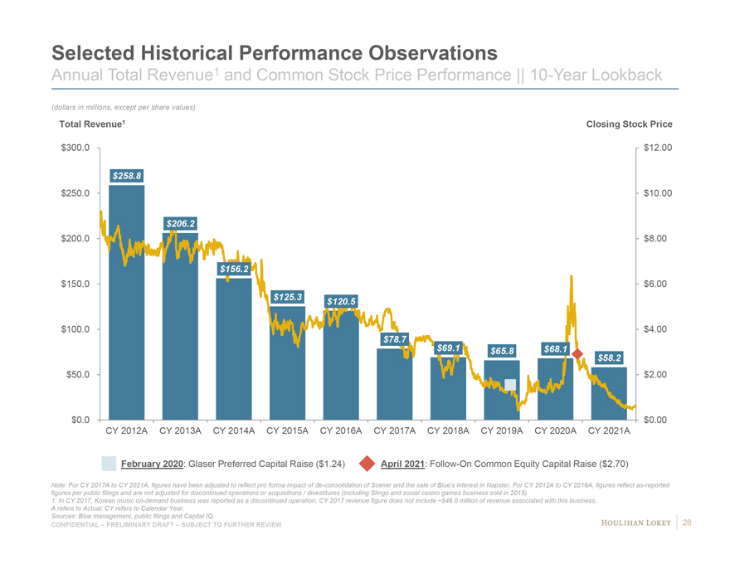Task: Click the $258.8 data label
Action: click(127, 176)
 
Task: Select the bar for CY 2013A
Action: click(180, 332)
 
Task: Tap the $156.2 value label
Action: click(234, 269)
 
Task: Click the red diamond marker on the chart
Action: click(577, 355)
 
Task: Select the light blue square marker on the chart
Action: click(510, 384)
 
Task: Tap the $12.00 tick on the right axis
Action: click(657, 148)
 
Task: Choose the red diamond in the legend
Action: click(367, 463)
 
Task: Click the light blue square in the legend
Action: click(109, 463)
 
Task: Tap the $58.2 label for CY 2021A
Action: click(609, 357)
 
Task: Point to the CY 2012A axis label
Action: click(127, 431)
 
